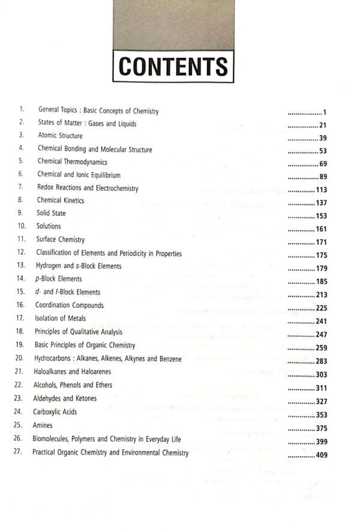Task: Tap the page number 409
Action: [324, 456]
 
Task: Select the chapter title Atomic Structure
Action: [60, 136]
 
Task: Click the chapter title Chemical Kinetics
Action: [61, 200]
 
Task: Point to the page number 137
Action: [324, 203]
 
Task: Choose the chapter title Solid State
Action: [52, 214]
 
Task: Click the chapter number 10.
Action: [22, 226]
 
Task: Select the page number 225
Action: [324, 308]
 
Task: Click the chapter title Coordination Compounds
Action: [70, 305]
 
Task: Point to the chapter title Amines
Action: [44, 424]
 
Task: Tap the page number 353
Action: [324, 414]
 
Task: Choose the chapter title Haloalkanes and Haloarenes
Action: [74, 372]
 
